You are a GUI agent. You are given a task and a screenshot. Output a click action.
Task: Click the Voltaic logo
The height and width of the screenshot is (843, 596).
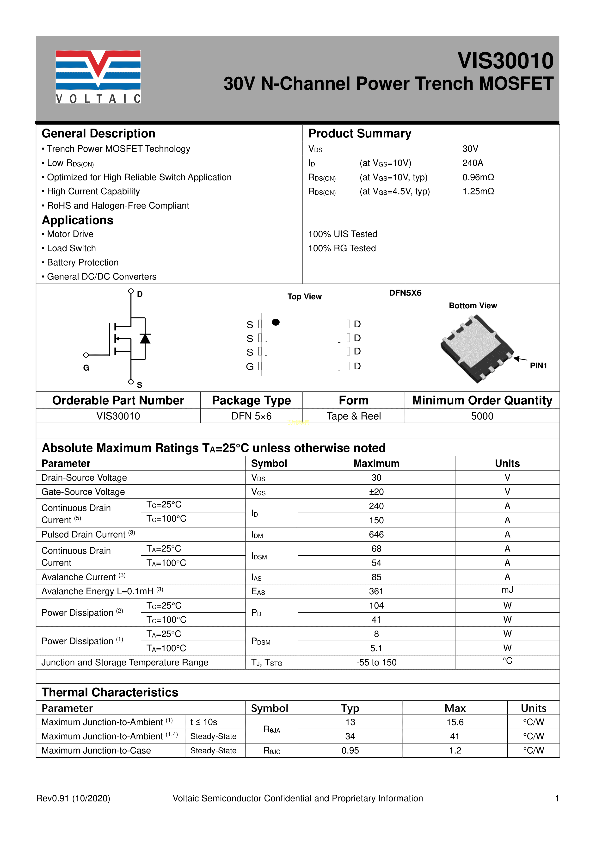pyautogui.click(x=98, y=76)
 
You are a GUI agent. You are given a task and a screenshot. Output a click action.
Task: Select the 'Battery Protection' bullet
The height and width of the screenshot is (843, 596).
pyautogui.click(x=83, y=262)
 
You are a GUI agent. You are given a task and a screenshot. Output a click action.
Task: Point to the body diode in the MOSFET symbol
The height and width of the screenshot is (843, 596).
pyautogui.click(x=145, y=338)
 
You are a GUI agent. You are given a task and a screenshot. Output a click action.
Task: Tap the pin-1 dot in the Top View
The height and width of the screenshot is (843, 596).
pyautogui.click(x=276, y=322)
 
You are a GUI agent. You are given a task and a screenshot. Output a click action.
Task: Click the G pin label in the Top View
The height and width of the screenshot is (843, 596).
pyautogui.click(x=250, y=366)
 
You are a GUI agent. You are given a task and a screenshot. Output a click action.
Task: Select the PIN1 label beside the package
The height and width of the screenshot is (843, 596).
pyautogui.click(x=538, y=366)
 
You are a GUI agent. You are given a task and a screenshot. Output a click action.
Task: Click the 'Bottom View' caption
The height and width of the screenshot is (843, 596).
pyautogui.click(x=473, y=305)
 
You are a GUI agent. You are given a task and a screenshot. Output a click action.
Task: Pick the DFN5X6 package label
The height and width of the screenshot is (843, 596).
pyautogui.click(x=405, y=293)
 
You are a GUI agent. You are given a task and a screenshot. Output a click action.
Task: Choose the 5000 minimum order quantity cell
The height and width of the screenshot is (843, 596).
pyautogui.click(x=482, y=416)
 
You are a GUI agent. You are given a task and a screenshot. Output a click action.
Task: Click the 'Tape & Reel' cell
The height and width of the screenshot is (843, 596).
pyautogui.click(x=353, y=416)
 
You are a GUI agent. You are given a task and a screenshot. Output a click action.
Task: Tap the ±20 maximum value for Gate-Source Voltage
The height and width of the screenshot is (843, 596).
pyautogui.click(x=376, y=492)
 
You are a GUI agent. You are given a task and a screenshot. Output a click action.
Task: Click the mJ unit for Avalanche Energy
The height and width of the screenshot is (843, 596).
pyautogui.click(x=507, y=590)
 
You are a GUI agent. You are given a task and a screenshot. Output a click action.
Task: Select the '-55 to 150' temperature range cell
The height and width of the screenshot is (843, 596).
pyautogui.click(x=376, y=662)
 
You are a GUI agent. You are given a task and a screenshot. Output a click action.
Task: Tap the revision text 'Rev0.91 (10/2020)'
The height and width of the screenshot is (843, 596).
pyautogui.click(x=73, y=798)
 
